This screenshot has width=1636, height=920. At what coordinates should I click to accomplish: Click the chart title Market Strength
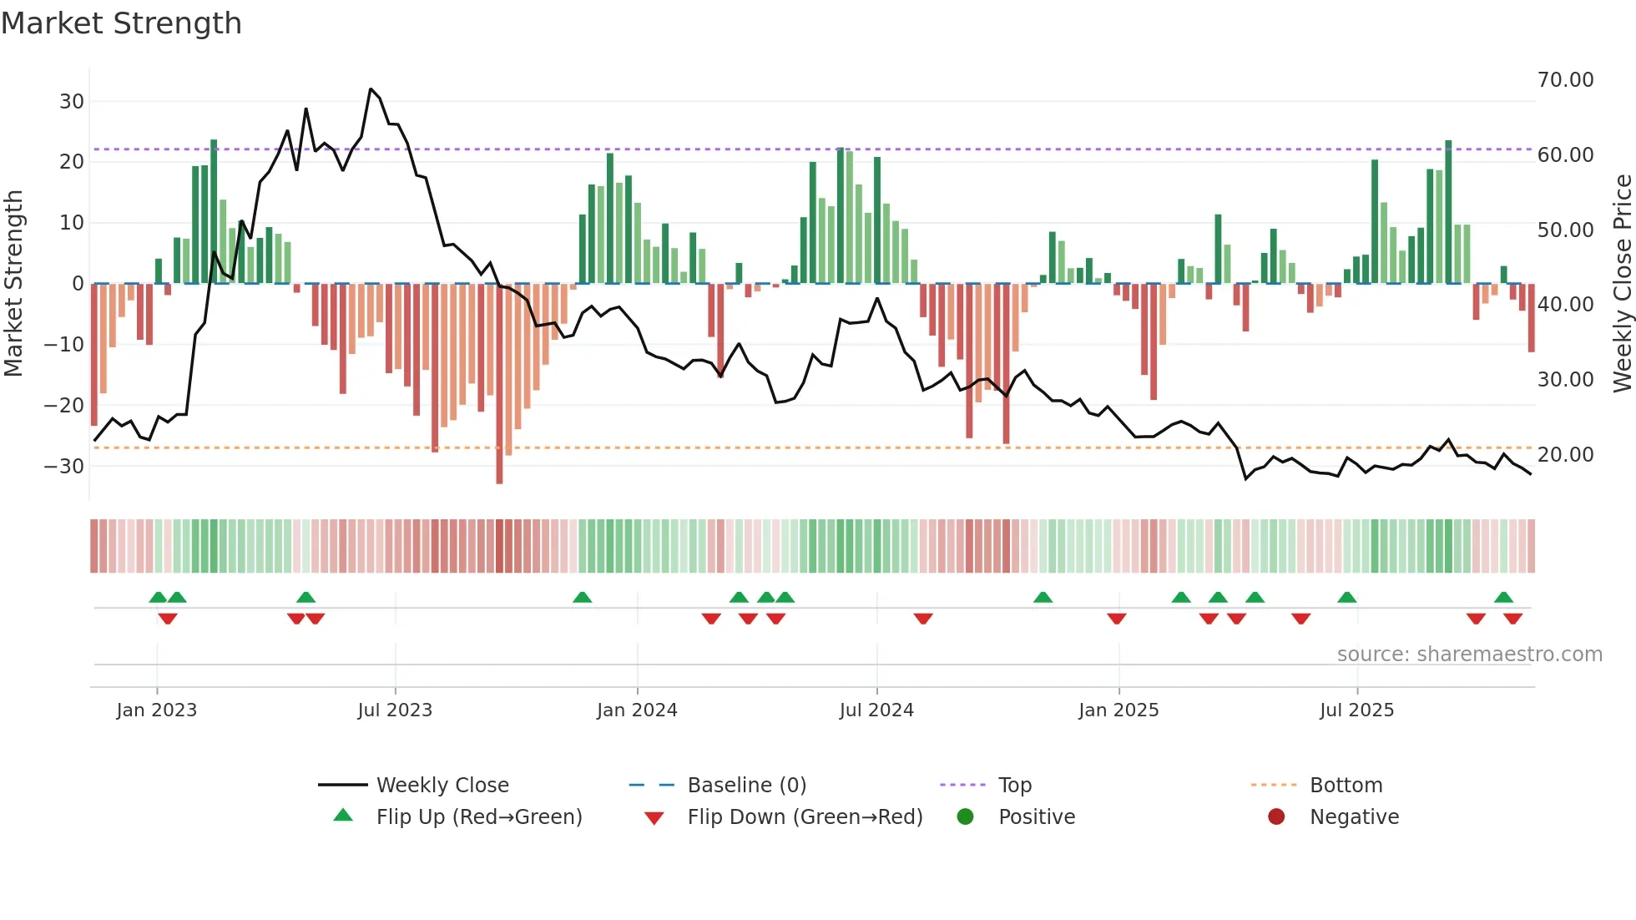121,23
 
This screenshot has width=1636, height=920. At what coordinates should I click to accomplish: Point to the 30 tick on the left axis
72,102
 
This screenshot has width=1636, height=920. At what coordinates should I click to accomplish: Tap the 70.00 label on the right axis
1565,80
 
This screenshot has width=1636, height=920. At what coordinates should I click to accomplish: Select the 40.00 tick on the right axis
1565,305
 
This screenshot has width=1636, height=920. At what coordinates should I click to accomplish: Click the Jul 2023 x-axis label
395,710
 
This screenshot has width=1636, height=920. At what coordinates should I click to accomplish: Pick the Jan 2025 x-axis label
1118,710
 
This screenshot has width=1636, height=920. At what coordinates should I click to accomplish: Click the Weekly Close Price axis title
1622,284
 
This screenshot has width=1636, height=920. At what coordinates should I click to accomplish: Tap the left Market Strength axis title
13,284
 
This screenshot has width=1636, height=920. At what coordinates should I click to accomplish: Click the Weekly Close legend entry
442,786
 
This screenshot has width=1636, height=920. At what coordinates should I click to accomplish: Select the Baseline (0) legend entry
746,786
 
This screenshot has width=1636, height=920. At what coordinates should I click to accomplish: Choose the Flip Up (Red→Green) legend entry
478,817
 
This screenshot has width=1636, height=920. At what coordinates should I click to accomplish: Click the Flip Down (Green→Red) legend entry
805,817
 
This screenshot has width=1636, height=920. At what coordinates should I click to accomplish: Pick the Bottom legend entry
1346,786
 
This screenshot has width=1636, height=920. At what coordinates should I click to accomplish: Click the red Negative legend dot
1276,817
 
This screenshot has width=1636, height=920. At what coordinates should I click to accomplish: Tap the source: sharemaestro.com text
1469,655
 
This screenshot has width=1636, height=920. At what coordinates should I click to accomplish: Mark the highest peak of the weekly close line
371,89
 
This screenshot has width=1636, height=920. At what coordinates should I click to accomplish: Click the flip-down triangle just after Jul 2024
922,619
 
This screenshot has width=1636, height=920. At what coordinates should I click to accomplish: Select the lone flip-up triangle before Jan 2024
583,597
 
